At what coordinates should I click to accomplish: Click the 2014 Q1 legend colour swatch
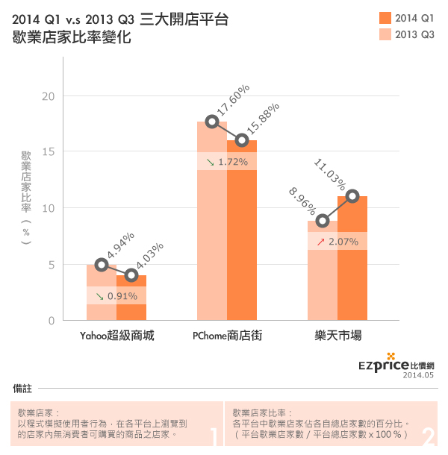pyautogui.click(x=385, y=17)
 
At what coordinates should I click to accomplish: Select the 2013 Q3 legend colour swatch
pyautogui.click(x=385, y=34)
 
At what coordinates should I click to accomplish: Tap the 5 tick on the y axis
pyautogui.click(x=52, y=265)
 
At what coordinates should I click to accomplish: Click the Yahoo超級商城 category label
pyautogui.click(x=116, y=336)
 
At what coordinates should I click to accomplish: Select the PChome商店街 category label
pyautogui.click(x=226, y=336)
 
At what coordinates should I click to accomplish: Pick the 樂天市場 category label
pyautogui.click(x=337, y=336)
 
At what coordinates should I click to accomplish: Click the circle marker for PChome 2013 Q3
pyautogui.click(x=212, y=122)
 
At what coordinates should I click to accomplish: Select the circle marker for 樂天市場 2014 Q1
pyautogui.click(x=352, y=196)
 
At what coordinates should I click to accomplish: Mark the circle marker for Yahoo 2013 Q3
pyautogui.click(x=102, y=265)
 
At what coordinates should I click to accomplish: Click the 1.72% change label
pyautogui.click(x=232, y=161)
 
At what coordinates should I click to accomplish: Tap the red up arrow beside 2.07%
pyautogui.click(x=320, y=242)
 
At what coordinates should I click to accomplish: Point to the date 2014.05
pyautogui.click(x=418, y=377)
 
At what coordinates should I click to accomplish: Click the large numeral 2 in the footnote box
pyautogui.click(x=429, y=435)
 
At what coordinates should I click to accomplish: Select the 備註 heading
pyautogui.click(x=22, y=389)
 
